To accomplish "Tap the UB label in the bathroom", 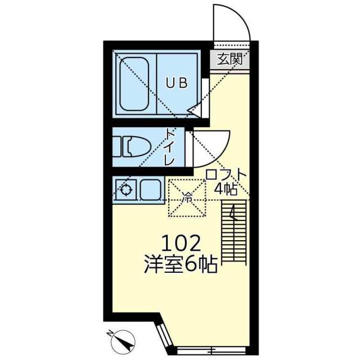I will (x=175, y=83).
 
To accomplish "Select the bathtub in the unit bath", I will (x=134, y=85).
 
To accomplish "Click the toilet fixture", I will (x=131, y=147).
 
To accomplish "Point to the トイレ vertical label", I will (x=170, y=147).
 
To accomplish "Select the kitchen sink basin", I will (x=150, y=190).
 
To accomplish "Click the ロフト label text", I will (x=226, y=174).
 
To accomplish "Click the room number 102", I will (x=181, y=244).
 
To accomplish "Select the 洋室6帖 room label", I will (x=181, y=265).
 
